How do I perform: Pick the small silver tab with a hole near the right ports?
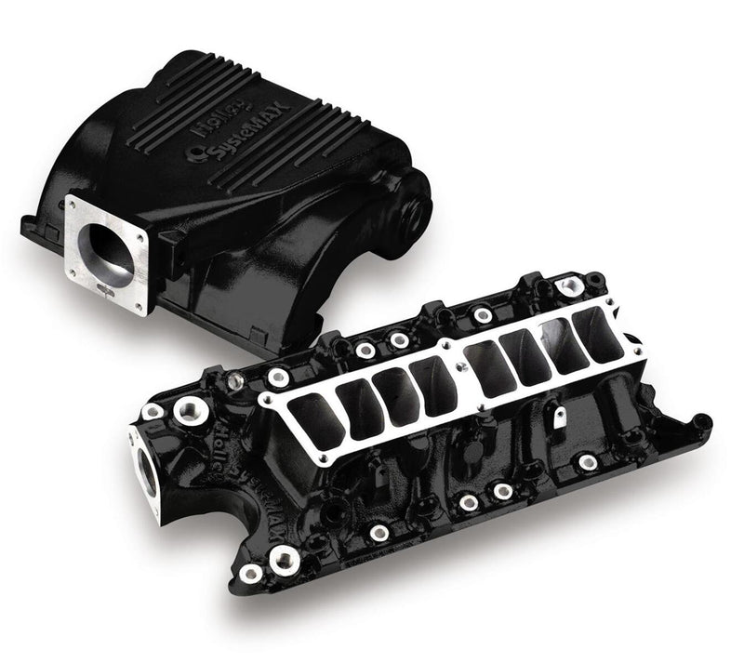(x=559, y=419)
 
